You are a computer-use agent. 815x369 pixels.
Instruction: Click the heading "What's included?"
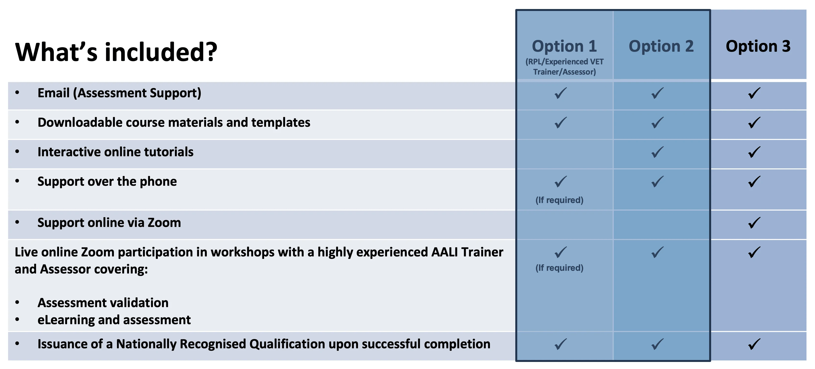coord(116,52)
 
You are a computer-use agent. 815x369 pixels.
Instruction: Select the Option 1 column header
coord(564,47)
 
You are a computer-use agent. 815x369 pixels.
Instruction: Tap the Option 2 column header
coord(661,47)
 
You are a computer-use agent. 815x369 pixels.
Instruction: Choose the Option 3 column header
coord(758,47)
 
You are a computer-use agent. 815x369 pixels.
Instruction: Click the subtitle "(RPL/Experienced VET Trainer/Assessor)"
coord(564,67)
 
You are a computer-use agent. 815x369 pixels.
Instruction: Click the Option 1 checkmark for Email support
coord(561,93)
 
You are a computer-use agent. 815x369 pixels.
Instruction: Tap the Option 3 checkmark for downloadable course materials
coord(754,123)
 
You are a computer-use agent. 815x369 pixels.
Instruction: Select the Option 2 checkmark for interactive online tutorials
coord(657,152)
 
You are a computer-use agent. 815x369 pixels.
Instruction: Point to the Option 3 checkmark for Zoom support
coord(754,223)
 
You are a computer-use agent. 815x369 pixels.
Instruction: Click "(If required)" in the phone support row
coord(559,200)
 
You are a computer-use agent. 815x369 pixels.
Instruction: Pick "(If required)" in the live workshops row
coord(559,268)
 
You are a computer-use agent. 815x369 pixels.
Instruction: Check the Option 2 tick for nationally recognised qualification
coord(657,344)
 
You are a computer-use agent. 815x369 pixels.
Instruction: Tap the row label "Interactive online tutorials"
coord(116,152)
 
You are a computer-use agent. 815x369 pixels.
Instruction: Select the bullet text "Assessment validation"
coord(103,303)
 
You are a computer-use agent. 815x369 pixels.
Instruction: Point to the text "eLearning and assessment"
coord(114,320)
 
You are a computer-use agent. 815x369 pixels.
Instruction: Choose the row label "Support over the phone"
coord(107,182)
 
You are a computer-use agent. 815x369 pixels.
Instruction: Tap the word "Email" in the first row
coord(53,93)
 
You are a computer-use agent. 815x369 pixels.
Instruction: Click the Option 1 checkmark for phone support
coord(561,182)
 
